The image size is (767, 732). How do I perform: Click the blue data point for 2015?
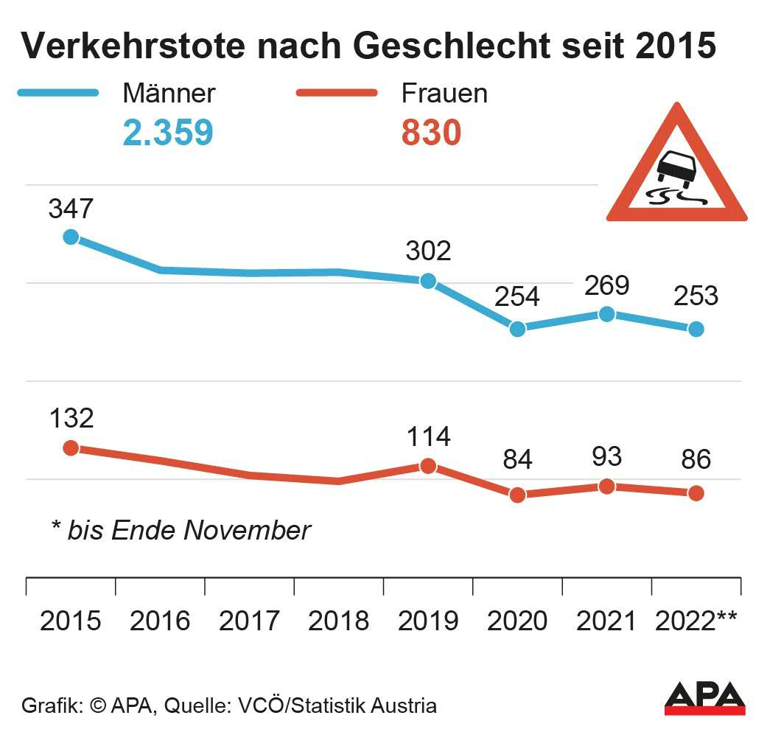coord(71,237)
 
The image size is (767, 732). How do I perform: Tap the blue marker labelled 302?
coord(427,281)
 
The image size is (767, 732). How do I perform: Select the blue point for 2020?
coord(517,329)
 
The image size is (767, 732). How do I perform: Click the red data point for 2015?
coord(71,448)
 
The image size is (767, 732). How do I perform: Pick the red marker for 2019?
coord(427,466)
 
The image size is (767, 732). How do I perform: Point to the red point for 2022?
coord(696,493)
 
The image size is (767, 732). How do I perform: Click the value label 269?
coord(606,285)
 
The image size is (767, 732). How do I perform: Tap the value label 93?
coord(606,457)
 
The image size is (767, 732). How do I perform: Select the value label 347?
coord(71,209)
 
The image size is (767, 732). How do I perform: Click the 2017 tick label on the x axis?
coord(249,621)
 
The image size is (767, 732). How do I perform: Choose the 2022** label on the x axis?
coord(696,621)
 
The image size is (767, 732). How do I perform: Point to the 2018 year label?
coord(338,621)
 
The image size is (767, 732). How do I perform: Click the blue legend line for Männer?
coord(57,93)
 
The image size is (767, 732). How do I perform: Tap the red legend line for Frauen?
coord(336,93)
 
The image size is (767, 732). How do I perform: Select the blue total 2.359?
coord(168,133)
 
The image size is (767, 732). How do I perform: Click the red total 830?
coord(431,133)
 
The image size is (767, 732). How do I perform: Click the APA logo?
coord(704,698)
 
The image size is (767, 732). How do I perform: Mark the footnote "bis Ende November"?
coord(181,530)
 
